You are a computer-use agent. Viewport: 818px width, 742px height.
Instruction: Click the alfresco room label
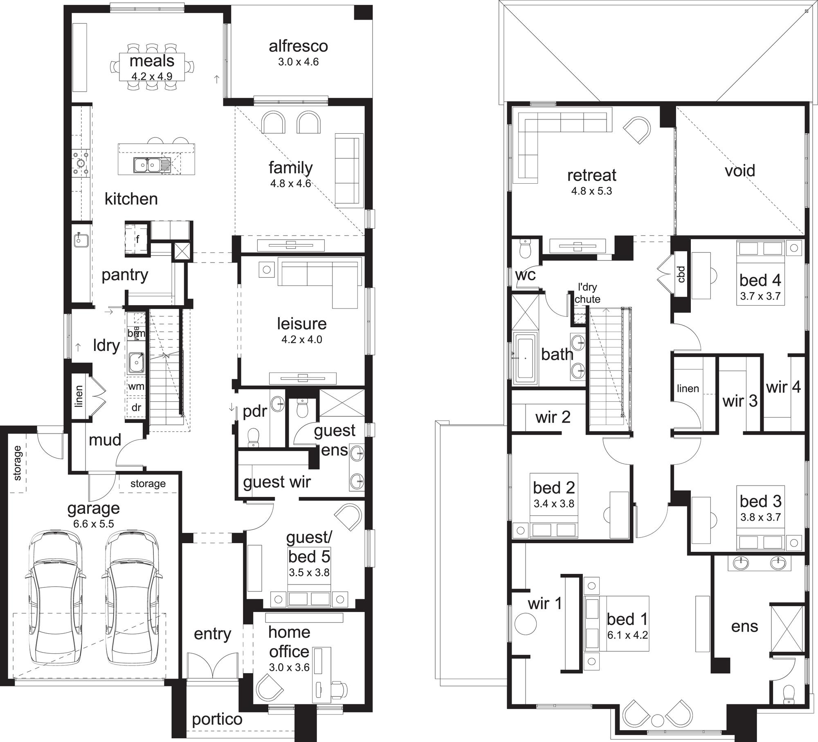(x=298, y=46)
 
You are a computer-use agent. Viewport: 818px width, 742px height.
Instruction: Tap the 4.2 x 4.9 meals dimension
(x=152, y=76)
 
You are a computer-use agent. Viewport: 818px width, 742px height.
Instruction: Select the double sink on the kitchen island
(x=146, y=165)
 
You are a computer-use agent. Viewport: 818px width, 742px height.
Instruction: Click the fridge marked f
(x=137, y=239)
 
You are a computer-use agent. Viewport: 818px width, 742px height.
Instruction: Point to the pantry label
(x=125, y=275)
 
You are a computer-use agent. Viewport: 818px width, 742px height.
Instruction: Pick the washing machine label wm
(x=136, y=386)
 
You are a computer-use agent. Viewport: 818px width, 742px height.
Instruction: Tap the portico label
(x=217, y=719)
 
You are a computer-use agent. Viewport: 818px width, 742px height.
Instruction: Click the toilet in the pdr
(x=254, y=436)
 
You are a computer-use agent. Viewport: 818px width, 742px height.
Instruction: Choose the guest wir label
(x=277, y=482)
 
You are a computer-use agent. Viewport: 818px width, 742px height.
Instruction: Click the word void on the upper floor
(x=740, y=171)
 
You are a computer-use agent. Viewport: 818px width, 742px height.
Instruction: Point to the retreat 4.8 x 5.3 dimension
(x=591, y=191)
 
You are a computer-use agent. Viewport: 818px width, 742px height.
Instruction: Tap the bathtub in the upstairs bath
(x=525, y=359)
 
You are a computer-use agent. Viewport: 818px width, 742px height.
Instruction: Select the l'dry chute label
(x=587, y=293)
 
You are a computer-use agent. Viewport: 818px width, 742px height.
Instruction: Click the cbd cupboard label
(x=681, y=274)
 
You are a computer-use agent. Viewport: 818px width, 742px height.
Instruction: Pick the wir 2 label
(x=553, y=417)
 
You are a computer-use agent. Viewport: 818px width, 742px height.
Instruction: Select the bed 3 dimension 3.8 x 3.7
(x=760, y=517)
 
